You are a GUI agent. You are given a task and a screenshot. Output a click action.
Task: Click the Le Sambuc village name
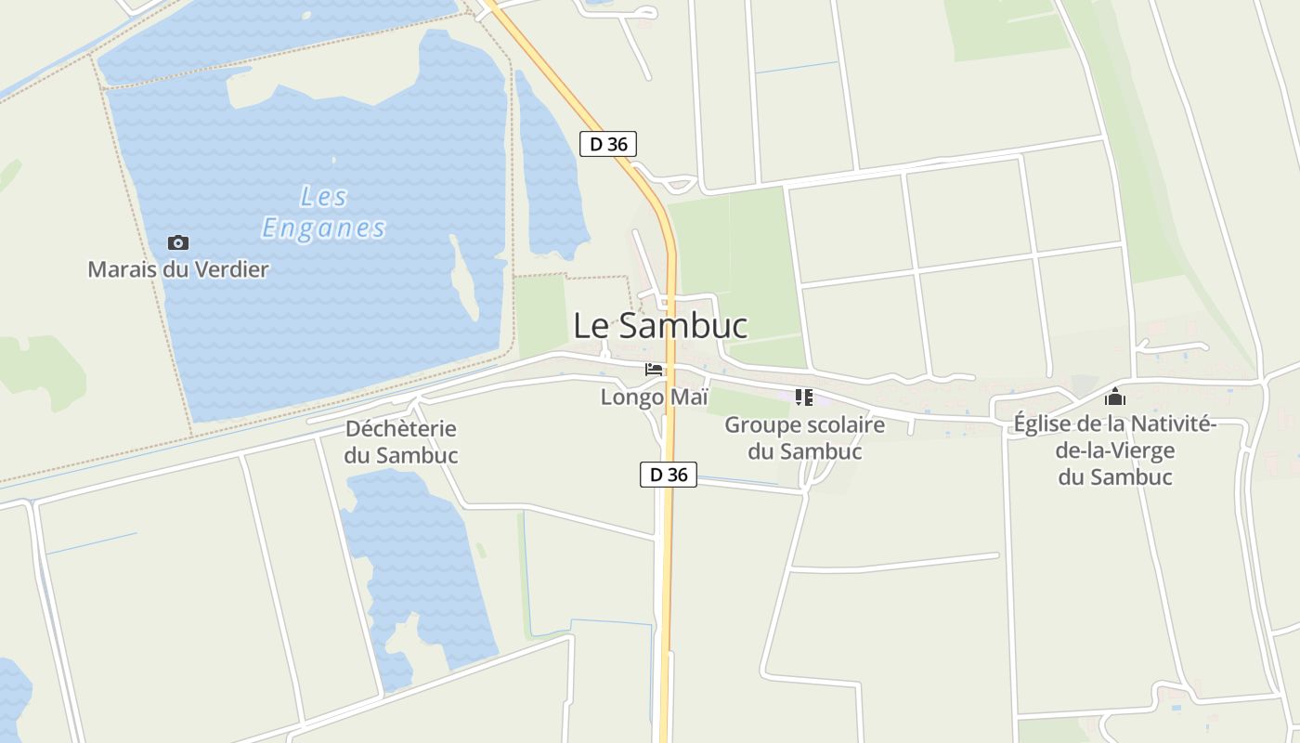[660, 326]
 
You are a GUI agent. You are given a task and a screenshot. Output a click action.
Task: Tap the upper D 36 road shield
[608, 144]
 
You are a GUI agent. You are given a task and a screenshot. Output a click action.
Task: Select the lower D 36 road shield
[669, 475]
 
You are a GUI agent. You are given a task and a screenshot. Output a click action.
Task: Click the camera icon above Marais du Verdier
[178, 243]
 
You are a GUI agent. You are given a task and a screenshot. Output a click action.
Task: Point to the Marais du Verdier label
[178, 270]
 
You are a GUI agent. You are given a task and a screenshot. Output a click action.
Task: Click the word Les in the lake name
[324, 197]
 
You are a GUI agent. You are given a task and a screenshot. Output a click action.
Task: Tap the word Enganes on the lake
[323, 228]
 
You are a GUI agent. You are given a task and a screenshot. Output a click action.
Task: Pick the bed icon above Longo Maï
[655, 370]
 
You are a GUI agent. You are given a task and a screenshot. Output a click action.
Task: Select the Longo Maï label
[655, 397]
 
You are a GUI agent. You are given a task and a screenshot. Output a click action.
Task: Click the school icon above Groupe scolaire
[804, 398]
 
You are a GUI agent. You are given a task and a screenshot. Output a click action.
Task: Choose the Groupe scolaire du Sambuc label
[805, 438]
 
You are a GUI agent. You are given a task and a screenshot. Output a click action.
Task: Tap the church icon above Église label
[1115, 398]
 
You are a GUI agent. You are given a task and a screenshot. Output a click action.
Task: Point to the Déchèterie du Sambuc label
[401, 442]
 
